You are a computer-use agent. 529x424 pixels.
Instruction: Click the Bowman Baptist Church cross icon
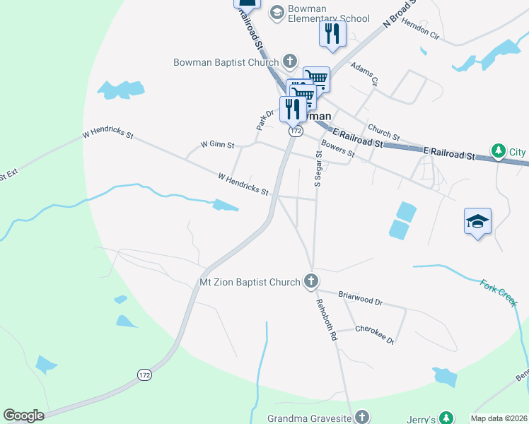(289, 61)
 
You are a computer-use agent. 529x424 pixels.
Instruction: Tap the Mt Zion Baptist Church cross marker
(310, 282)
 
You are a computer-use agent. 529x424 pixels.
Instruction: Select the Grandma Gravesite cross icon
(362, 418)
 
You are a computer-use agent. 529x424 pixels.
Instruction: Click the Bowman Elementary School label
(329, 14)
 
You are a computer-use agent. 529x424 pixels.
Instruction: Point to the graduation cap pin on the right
(477, 222)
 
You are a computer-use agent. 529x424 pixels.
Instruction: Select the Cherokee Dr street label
(375, 333)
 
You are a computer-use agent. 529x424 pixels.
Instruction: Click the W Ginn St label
(217, 143)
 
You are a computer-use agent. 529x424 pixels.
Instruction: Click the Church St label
(383, 131)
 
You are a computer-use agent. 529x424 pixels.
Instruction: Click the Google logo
(23, 416)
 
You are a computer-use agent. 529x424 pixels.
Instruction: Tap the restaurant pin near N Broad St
(332, 34)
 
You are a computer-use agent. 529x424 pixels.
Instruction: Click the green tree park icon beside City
(499, 151)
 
